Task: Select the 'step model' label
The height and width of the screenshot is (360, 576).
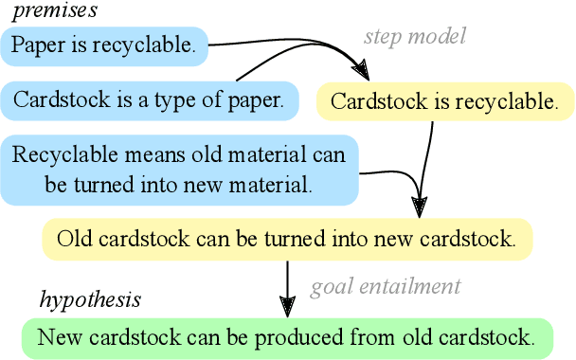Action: coord(415,37)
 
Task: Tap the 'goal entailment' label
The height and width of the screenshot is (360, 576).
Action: coord(386,286)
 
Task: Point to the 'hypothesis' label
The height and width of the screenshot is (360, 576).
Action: coord(89,300)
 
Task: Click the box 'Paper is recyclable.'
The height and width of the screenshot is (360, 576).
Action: coord(105,45)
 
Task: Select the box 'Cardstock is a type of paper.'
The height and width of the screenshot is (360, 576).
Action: coord(149,99)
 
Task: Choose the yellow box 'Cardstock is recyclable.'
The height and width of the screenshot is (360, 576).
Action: coord(444,101)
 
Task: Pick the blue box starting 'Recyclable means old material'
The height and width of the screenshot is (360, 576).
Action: coord(179,170)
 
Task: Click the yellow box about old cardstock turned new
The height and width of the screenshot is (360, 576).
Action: coord(286,239)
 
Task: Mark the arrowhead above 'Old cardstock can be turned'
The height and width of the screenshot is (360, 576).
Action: coord(421,206)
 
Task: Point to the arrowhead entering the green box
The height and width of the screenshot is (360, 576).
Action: coord(286,306)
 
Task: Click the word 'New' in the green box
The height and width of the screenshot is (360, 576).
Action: coord(59,335)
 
